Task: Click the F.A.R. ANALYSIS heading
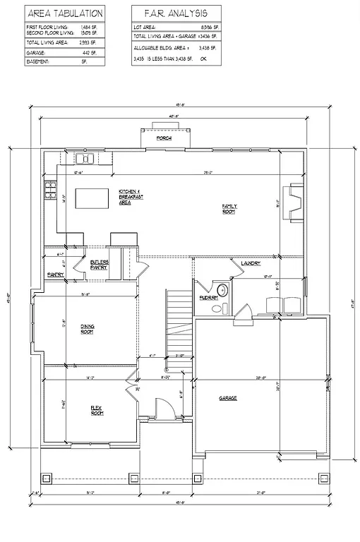tap(175, 13)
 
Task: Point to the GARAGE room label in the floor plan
tap(227, 398)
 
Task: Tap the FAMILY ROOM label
tap(229, 208)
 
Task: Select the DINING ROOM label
tap(87, 330)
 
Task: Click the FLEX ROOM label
tap(97, 410)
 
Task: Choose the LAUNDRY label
tap(251, 263)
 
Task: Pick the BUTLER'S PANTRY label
tap(100, 265)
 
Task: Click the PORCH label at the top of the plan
tap(164, 138)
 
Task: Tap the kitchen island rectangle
tap(92, 198)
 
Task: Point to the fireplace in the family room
tap(294, 203)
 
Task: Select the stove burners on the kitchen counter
tap(51, 190)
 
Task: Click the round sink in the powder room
tap(220, 289)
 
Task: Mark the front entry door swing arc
tap(163, 407)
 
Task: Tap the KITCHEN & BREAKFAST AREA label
tap(131, 197)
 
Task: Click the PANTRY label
tap(56, 274)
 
